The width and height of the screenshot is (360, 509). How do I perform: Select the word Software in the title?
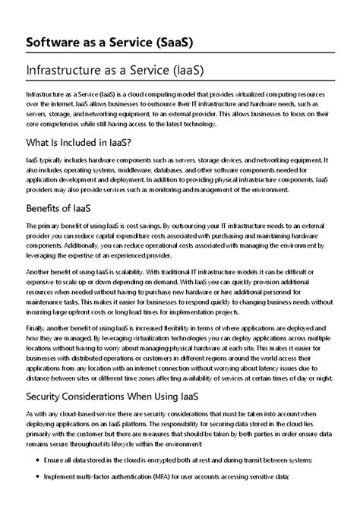tap(57, 40)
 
